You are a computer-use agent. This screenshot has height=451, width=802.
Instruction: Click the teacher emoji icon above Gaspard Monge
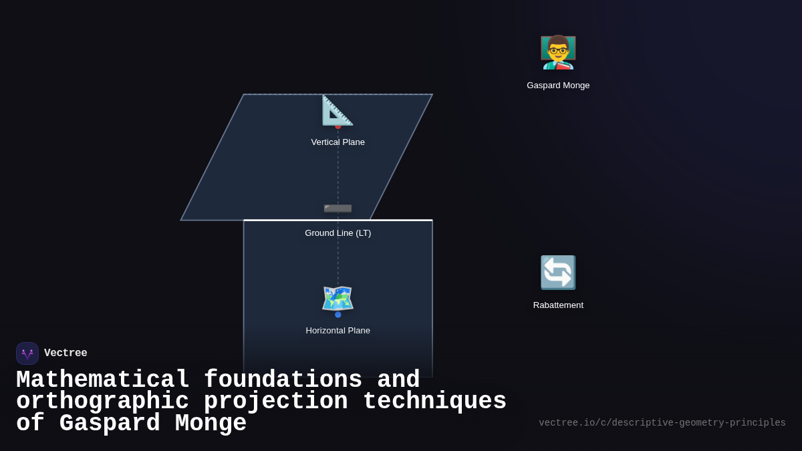tap(558, 52)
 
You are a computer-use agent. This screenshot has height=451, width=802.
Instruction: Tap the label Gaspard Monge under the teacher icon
tap(558, 86)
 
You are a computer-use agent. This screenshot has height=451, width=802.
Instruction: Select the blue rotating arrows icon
tap(558, 273)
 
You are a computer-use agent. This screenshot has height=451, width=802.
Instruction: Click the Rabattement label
tap(558, 305)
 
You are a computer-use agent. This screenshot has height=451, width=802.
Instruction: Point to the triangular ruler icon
tap(338, 110)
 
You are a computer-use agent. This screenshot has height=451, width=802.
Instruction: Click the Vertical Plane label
tap(338, 142)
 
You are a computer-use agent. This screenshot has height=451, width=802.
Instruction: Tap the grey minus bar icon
tap(338, 208)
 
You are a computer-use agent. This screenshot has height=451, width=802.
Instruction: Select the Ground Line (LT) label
tap(338, 233)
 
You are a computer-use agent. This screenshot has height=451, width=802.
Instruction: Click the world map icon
tap(338, 298)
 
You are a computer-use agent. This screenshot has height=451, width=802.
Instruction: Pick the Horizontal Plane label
tap(338, 331)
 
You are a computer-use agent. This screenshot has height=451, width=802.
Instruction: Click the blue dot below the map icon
tap(338, 315)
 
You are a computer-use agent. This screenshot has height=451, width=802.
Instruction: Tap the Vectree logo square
tap(27, 353)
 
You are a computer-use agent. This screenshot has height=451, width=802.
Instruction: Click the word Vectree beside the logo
tap(65, 353)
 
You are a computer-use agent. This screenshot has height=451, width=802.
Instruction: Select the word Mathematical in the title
tap(103, 380)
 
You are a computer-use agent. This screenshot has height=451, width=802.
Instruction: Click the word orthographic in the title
tap(103, 402)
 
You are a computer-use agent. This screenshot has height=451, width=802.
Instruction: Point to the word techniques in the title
tap(434, 402)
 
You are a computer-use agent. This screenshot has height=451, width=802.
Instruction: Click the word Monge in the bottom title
tap(211, 424)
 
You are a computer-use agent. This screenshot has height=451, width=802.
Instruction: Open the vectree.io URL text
tap(662, 423)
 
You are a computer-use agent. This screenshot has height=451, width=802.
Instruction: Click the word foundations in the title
tap(283, 380)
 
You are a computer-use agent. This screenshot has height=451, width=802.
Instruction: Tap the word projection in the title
tap(275, 402)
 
